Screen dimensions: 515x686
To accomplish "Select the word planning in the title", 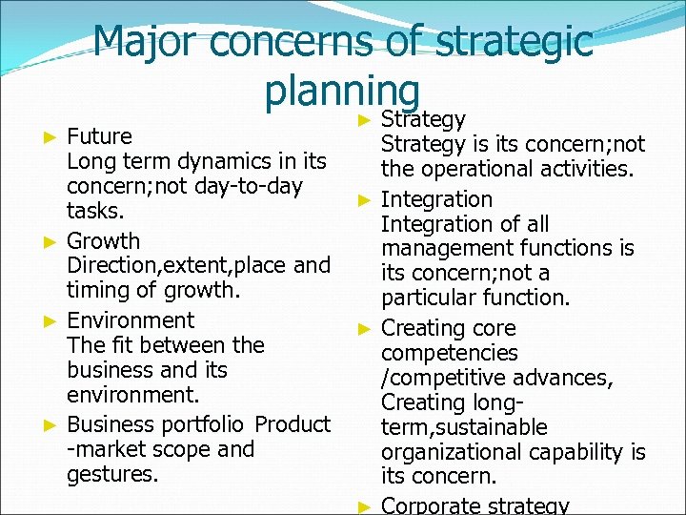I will (x=343, y=92).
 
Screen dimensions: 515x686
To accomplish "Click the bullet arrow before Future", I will (x=53, y=137).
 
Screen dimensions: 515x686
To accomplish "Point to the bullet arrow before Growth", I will (x=53, y=242).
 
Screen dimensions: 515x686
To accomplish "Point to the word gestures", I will (x=111, y=473).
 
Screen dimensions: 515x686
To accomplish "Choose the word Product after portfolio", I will (x=293, y=423).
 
